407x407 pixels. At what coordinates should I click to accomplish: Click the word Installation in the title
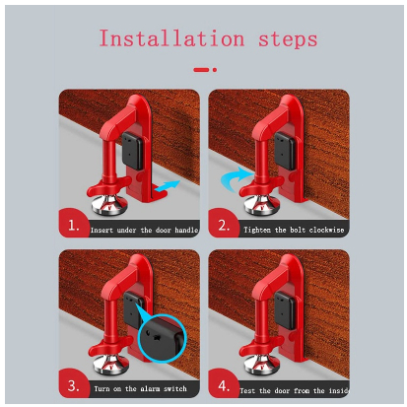pos(171,38)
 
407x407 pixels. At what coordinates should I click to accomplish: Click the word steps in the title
pos(288,39)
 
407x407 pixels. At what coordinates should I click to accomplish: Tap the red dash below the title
pos(201,70)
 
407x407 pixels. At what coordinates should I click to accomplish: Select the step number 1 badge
pos(73,224)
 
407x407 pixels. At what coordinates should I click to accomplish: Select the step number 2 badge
pos(223,224)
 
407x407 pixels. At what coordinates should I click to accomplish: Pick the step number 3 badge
pos(73,384)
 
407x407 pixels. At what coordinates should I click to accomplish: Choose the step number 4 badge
pos(223,384)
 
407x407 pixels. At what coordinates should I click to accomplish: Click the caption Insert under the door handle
pos(144,230)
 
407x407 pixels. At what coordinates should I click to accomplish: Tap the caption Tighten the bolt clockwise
pos(294,230)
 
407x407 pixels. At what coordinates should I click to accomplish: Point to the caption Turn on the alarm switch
pos(140,389)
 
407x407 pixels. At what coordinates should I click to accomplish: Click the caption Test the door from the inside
pos(294,390)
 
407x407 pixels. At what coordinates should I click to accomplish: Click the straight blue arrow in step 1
pos(167,186)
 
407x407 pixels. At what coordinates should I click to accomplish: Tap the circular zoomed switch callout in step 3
pos(163,338)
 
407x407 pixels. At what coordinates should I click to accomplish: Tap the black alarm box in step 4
pos(285,310)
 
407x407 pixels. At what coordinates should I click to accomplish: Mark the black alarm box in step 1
pos(132,151)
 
